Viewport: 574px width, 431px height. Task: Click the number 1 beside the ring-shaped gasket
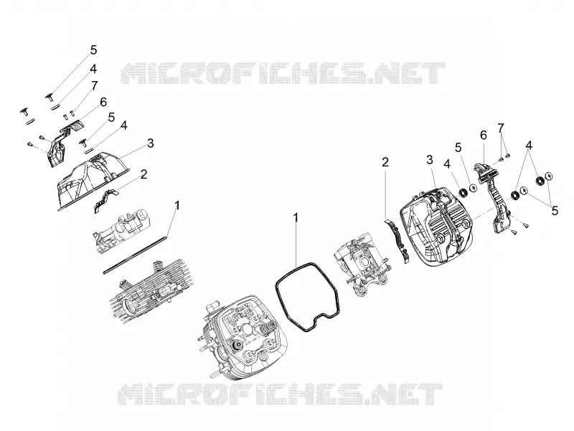295,218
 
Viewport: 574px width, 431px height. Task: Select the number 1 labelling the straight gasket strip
177,205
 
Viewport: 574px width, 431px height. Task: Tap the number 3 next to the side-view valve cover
150,143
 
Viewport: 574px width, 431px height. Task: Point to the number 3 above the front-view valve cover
429,159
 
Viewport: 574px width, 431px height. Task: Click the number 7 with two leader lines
500,128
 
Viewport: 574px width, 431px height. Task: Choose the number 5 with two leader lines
555,211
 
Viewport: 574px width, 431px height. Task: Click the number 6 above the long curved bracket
483,136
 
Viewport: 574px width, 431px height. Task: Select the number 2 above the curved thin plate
385,162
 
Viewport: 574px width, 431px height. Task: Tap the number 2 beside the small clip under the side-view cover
144,174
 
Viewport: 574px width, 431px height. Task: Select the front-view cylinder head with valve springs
243,336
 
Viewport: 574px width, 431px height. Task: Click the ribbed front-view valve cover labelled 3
436,226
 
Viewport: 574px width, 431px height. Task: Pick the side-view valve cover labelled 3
93,181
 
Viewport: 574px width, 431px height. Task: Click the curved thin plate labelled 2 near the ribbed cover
398,241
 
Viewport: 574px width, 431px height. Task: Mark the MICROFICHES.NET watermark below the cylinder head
280,394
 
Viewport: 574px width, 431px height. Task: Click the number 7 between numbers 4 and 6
95,86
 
